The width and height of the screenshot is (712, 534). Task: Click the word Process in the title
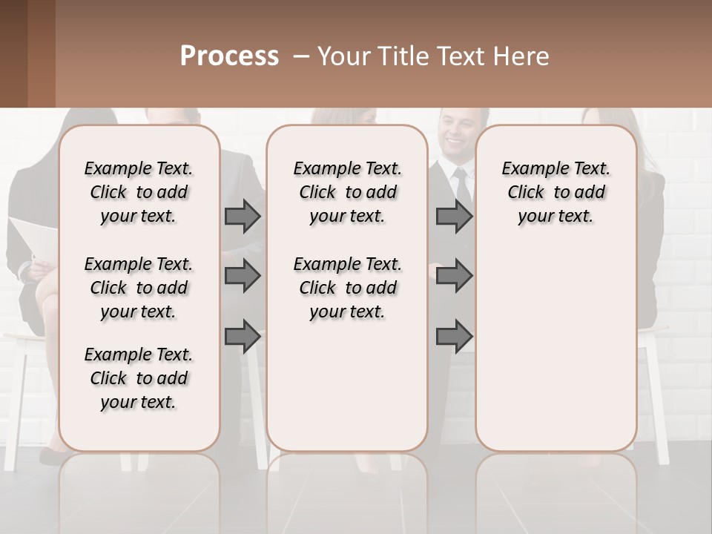point(229,56)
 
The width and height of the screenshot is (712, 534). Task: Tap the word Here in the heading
point(522,56)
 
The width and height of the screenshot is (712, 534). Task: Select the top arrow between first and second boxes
point(243,217)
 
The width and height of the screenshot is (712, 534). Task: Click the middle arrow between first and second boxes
point(243,277)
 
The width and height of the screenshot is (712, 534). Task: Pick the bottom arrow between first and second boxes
point(243,337)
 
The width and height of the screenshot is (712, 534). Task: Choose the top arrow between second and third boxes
point(454,217)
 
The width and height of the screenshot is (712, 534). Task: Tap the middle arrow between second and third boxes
point(454,277)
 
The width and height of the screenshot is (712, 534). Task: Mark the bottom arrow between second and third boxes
point(454,337)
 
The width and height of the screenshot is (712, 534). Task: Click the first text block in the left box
point(139,192)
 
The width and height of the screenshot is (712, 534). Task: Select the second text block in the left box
point(139,288)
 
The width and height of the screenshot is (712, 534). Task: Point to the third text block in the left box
point(139,378)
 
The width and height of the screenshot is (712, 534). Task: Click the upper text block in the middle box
point(347,192)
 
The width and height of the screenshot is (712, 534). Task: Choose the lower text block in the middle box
point(347,288)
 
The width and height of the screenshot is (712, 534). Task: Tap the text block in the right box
point(556,192)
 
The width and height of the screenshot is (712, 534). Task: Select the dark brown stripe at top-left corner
point(13,53)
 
